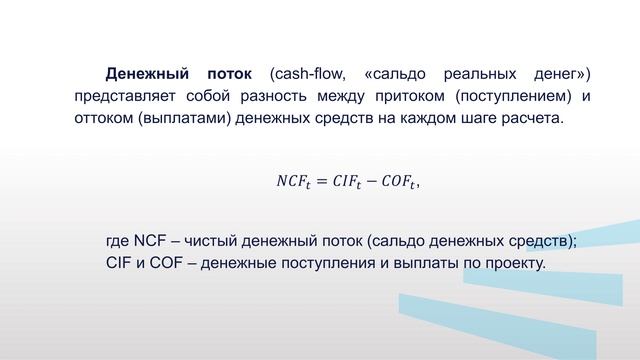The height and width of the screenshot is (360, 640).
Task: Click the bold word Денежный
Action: tap(147, 74)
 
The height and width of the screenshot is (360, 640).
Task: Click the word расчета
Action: tap(535, 120)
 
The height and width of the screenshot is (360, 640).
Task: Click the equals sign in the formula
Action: tap(322, 182)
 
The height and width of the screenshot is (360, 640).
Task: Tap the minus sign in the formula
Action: tap(377, 182)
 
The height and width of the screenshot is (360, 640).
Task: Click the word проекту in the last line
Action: tap(511, 264)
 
